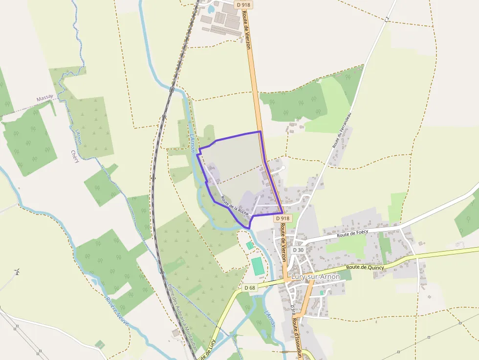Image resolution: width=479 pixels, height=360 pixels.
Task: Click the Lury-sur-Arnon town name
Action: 315,277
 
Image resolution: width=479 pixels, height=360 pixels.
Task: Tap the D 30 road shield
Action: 298,250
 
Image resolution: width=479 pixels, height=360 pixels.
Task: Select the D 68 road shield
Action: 249,288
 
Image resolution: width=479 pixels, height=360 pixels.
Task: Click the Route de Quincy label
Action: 365,267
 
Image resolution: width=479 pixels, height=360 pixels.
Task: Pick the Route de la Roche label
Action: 235,206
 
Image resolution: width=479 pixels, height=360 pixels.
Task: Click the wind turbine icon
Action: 17,272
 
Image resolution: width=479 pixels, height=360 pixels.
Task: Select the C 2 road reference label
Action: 387,19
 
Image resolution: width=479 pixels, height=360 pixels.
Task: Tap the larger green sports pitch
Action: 258,265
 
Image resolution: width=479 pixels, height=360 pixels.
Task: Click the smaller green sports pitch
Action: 250,245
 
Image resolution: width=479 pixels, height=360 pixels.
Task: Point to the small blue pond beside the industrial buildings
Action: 211,9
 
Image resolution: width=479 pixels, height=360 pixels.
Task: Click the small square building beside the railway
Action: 175,333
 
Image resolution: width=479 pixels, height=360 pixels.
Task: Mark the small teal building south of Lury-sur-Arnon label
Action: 322,292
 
